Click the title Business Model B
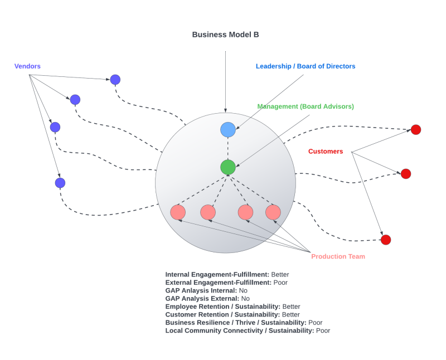[x=225, y=35]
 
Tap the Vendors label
[x=27, y=66]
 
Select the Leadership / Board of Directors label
[x=306, y=66]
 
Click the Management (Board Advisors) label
[x=306, y=106]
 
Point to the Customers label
[x=326, y=152]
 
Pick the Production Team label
[x=338, y=257]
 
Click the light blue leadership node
[x=227, y=129]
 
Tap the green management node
[x=227, y=167]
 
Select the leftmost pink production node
[x=178, y=212]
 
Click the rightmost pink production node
[x=273, y=212]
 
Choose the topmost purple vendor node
[x=115, y=80]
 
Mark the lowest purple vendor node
[x=60, y=183]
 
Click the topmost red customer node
[x=416, y=130]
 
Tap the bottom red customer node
[x=386, y=240]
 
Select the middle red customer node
[x=406, y=174]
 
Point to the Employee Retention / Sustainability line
[x=232, y=307]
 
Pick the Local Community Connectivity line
[x=248, y=330]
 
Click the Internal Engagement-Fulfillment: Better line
[x=227, y=275]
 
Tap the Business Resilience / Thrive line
[x=244, y=323]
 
